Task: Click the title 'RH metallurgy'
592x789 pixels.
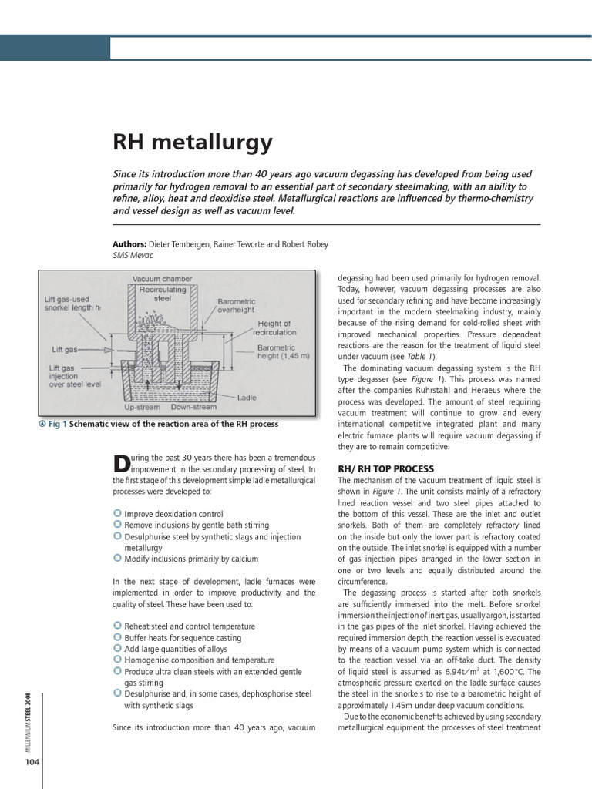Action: point(193,143)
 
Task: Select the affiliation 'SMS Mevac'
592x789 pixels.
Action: point(133,255)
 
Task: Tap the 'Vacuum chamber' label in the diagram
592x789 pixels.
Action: point(162,278)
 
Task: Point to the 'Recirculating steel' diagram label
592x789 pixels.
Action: point(162,294)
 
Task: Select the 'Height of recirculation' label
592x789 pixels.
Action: point(276,328)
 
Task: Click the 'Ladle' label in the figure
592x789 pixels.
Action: point(247,398)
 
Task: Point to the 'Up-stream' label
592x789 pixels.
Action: point(143,407)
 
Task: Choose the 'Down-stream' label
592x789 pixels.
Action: point(193,407)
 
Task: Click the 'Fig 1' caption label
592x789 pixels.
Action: point(59,425)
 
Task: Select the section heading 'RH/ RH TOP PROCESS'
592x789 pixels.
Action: point(386,468)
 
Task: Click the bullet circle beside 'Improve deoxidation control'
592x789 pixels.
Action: point(117,514)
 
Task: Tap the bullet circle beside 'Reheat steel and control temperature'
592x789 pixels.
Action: point(117,626)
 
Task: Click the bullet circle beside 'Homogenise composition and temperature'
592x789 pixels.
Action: point(117,660)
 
